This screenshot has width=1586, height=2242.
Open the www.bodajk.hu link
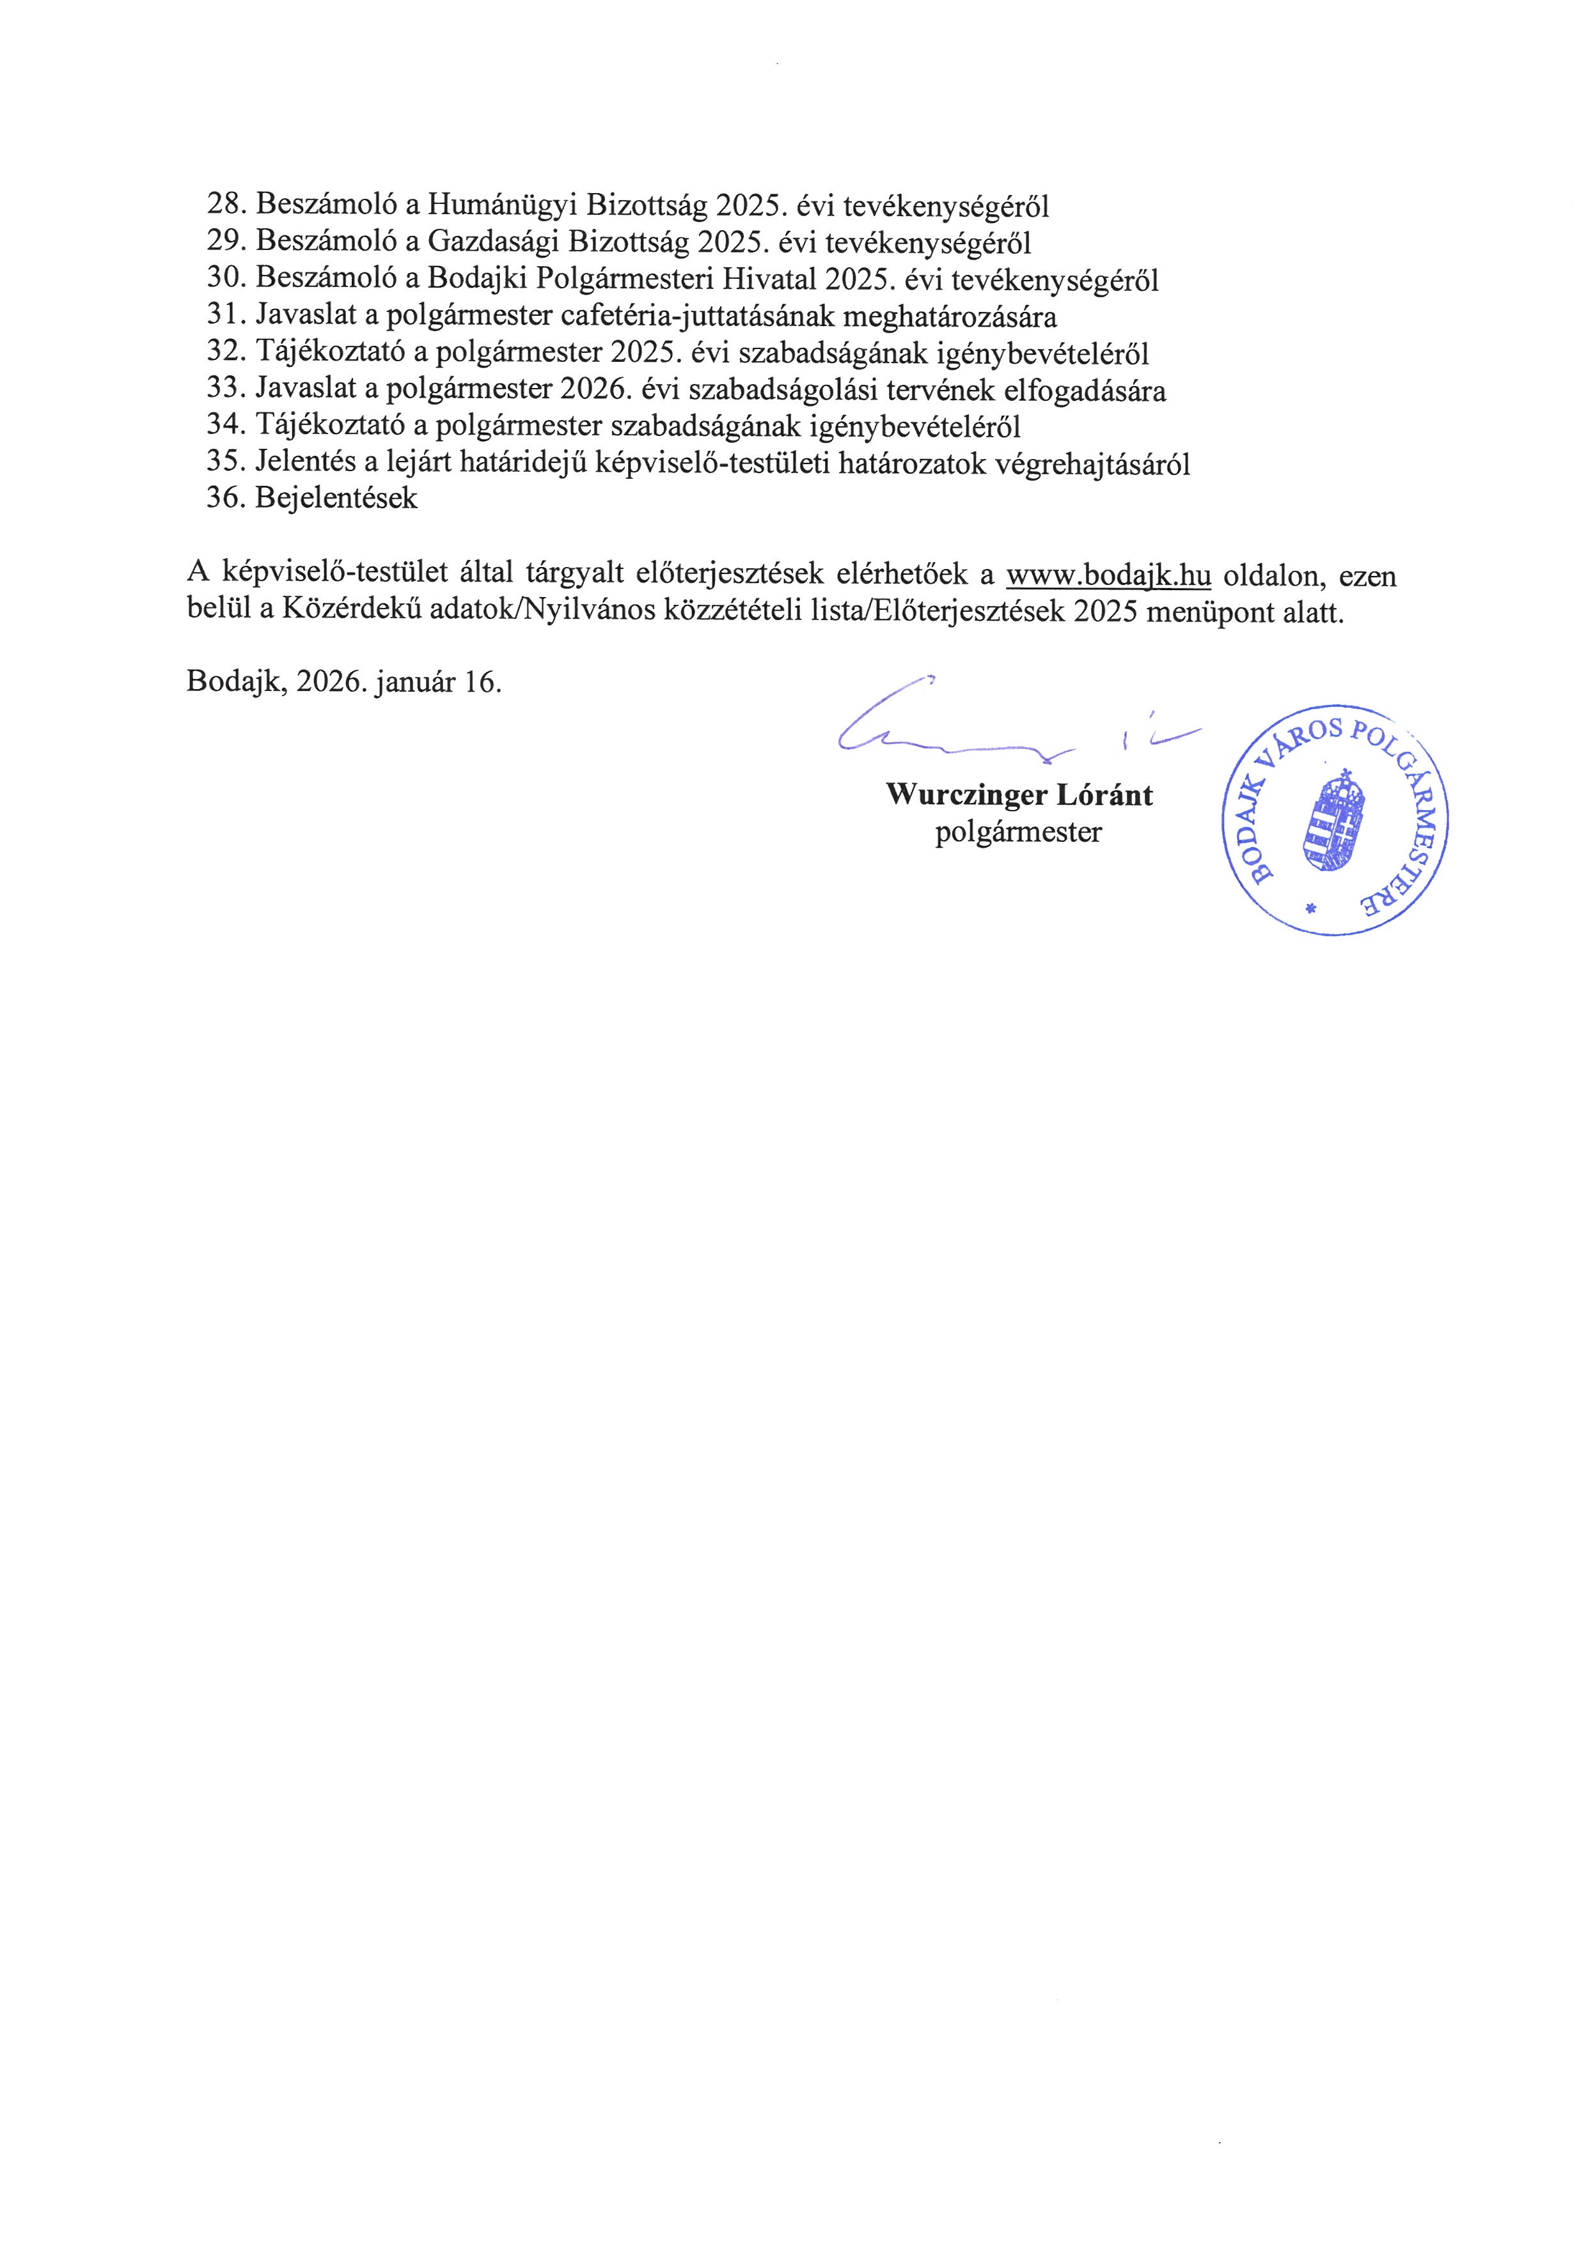1108,576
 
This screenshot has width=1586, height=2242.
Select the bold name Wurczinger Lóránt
1019,795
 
